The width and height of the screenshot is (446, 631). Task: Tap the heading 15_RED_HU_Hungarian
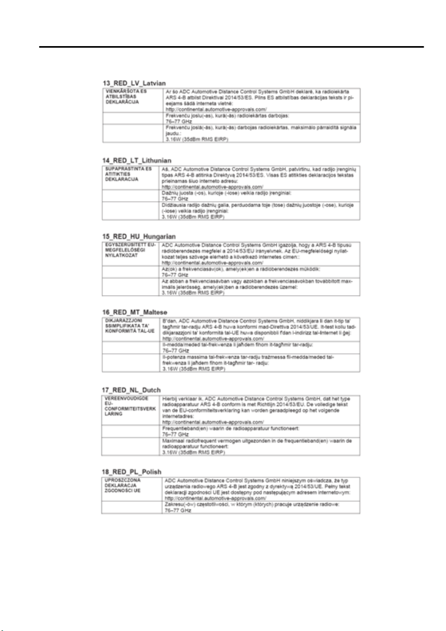[x=139, y=236]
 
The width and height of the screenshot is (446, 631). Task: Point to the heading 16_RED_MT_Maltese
[x=136, y=312]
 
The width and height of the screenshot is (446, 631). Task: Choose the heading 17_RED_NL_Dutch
[x=132, y=390]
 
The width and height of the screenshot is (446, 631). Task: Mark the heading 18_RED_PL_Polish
[x=132, y=471]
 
